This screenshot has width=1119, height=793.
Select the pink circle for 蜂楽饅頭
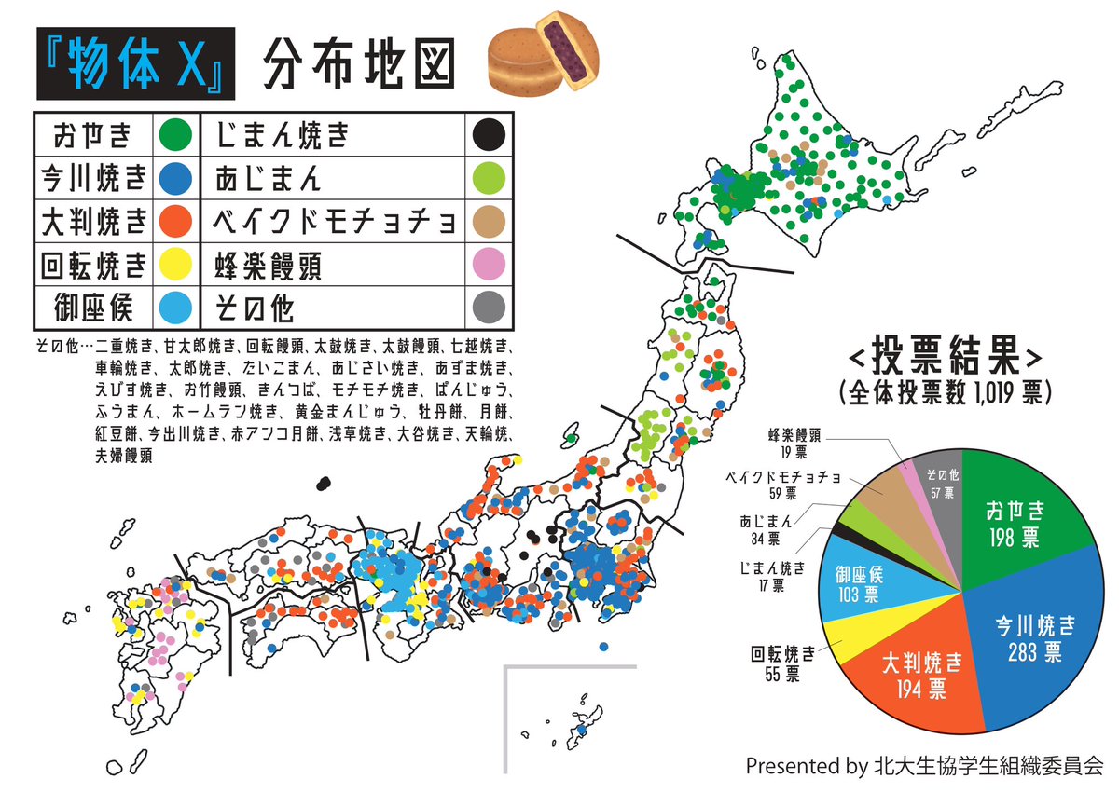[x=486, y=267]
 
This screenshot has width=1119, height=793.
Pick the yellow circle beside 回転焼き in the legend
[x=174, y=267]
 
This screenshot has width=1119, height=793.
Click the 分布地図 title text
[x=358, y=65]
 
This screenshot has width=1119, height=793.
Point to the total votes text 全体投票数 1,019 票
[x=944, y=390]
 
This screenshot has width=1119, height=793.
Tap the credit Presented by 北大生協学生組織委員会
[x=923, y=766]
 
